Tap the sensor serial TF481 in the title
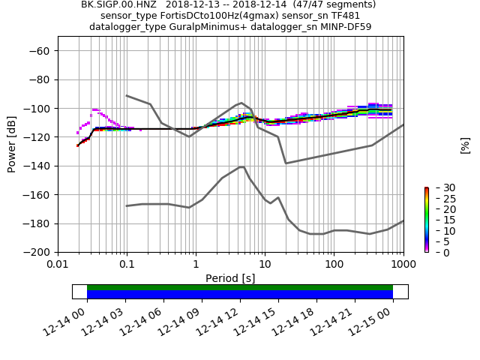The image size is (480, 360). point(346,16)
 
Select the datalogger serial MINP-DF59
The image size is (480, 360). point(346,27)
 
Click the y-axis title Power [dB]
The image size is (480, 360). point(12,144)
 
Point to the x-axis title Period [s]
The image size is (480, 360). point(230,278)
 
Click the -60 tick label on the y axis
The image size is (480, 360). point(39,50)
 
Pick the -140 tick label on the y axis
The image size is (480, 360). point(37,166)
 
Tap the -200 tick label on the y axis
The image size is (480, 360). point(37,252)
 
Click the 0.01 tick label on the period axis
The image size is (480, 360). point(58,264)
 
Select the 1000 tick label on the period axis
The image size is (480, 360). point(403,264)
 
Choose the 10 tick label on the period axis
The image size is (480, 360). point(265,264)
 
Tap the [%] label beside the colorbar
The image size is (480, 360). point(465,145)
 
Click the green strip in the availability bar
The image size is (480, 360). point(240,287)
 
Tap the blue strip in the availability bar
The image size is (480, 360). point(240,295)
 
